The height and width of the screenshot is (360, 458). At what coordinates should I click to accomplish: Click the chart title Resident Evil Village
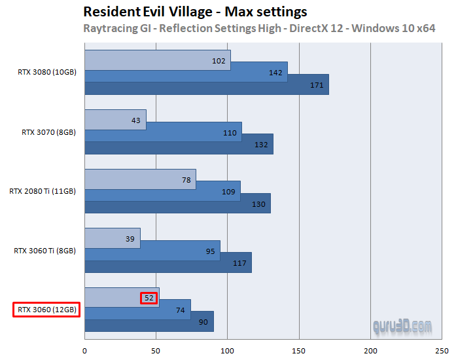196,12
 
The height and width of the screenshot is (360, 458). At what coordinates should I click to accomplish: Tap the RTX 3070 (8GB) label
49,132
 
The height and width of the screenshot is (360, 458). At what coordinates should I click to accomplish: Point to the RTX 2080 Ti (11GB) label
43,191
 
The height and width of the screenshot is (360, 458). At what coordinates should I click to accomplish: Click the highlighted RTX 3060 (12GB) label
46,310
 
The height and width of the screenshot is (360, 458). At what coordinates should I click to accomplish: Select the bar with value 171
206,84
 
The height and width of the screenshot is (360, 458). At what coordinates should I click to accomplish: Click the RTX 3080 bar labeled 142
186,73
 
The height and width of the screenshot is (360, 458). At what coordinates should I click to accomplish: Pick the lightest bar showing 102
157,61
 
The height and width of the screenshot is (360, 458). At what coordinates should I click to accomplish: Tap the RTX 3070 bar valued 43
114,120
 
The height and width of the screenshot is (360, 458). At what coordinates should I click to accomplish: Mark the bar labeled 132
178,144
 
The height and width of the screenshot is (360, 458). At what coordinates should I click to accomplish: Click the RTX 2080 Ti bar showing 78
140,179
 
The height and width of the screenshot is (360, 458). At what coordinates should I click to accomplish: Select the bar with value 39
112,238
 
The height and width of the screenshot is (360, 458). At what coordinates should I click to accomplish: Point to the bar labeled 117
167,262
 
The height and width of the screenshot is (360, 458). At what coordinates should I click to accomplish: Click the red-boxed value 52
149,298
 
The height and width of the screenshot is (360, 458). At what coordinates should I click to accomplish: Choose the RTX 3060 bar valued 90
149,321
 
